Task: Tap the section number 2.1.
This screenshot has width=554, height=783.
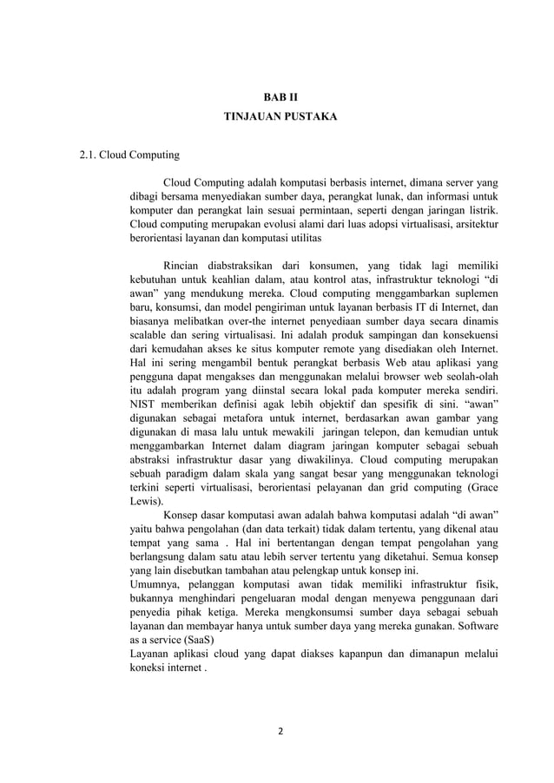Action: (87, 156)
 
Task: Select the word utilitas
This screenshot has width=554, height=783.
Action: (302, 236)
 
